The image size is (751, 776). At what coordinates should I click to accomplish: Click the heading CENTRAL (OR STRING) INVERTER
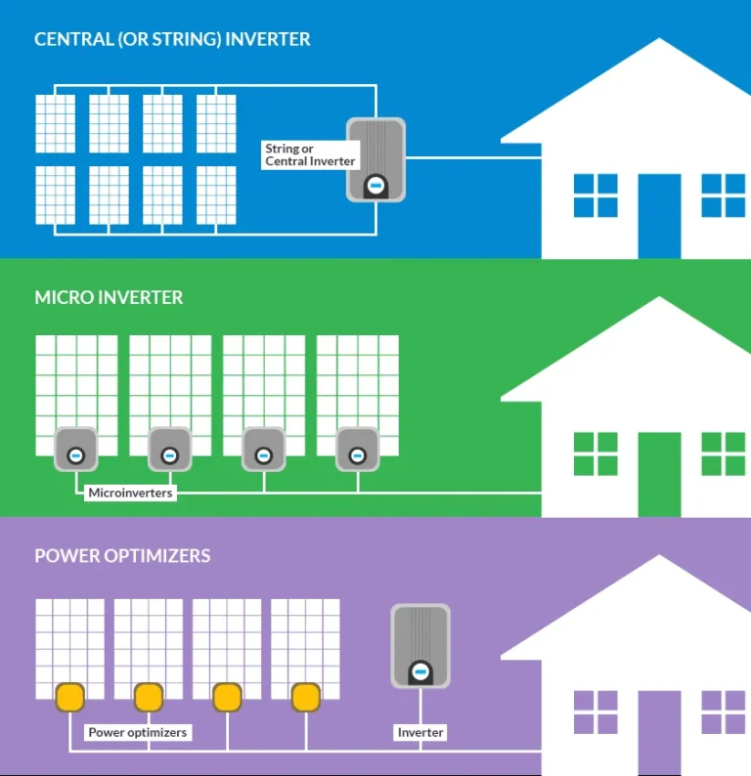coord(172,40)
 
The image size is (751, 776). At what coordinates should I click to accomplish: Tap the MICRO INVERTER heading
coord(109,297)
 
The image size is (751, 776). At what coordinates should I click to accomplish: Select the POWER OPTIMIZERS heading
coord(122,556)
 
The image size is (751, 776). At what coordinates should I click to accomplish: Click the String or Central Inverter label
coord(310,155)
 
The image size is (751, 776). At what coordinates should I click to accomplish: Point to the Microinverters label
coord(130,494)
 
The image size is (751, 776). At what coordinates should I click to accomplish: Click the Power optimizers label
coord(137,732)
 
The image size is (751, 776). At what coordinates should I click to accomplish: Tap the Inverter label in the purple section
coord(420,732)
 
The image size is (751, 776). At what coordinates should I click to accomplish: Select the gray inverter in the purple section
coord(420,646)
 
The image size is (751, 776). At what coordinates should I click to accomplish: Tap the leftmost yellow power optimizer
coord(70,697)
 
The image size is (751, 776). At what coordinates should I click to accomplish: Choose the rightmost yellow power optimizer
coord(306,697)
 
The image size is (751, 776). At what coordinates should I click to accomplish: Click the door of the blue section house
coord(659,216)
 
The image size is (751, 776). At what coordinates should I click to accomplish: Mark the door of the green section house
coord(659,474)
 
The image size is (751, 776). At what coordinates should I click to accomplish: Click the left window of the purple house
coord(595,712)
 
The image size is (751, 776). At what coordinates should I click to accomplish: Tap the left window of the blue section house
coord(595,195)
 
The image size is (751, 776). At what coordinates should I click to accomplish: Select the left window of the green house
coord(595,453)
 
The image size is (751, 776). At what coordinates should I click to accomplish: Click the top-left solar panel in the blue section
coord(56,124)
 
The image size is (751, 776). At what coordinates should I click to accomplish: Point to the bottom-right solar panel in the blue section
coord(216,195)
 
